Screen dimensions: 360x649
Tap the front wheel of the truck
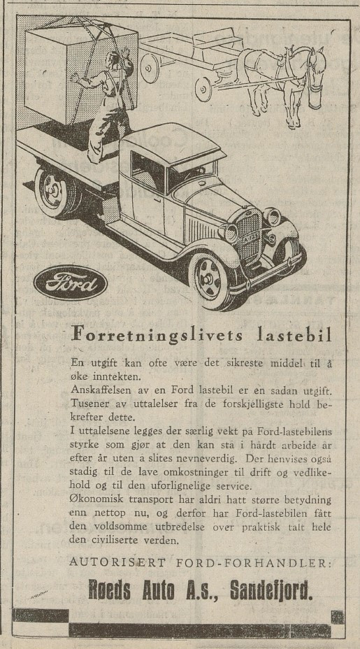pos(212,278)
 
